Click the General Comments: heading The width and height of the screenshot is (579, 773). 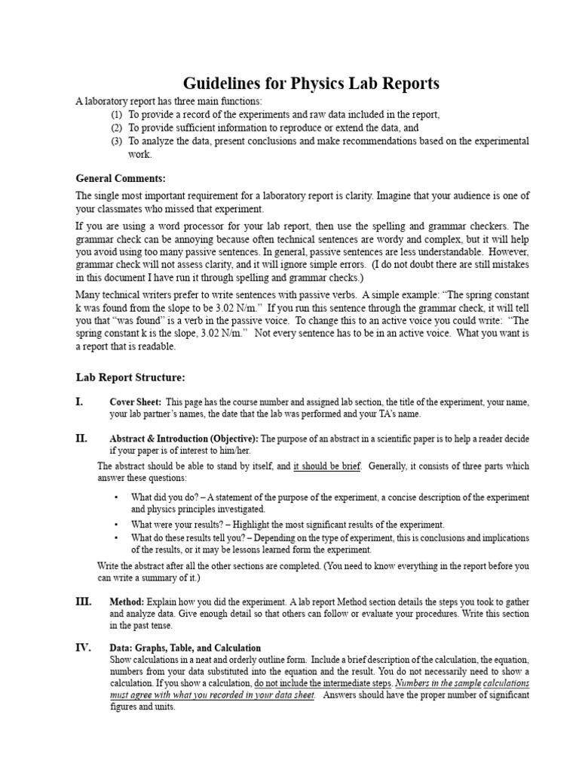pyautogui.click(x=120, y=178)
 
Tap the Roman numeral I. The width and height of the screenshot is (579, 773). pyautogui.click(x=79, y=402)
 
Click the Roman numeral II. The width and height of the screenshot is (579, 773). pyautogui.click(x=81, y=438)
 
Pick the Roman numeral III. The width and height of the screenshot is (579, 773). pyautogui.click(x=83, y=601)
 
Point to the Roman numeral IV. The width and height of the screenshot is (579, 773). pyautogui.click(x=83, y=647)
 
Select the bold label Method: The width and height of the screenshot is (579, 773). pyautogui.click(x=127, y=602)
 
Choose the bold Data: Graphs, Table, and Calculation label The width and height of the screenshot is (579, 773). pyautogui.click(x=185, y=648)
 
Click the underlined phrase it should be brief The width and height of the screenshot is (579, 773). pyautogui.click(x=326, y=467)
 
